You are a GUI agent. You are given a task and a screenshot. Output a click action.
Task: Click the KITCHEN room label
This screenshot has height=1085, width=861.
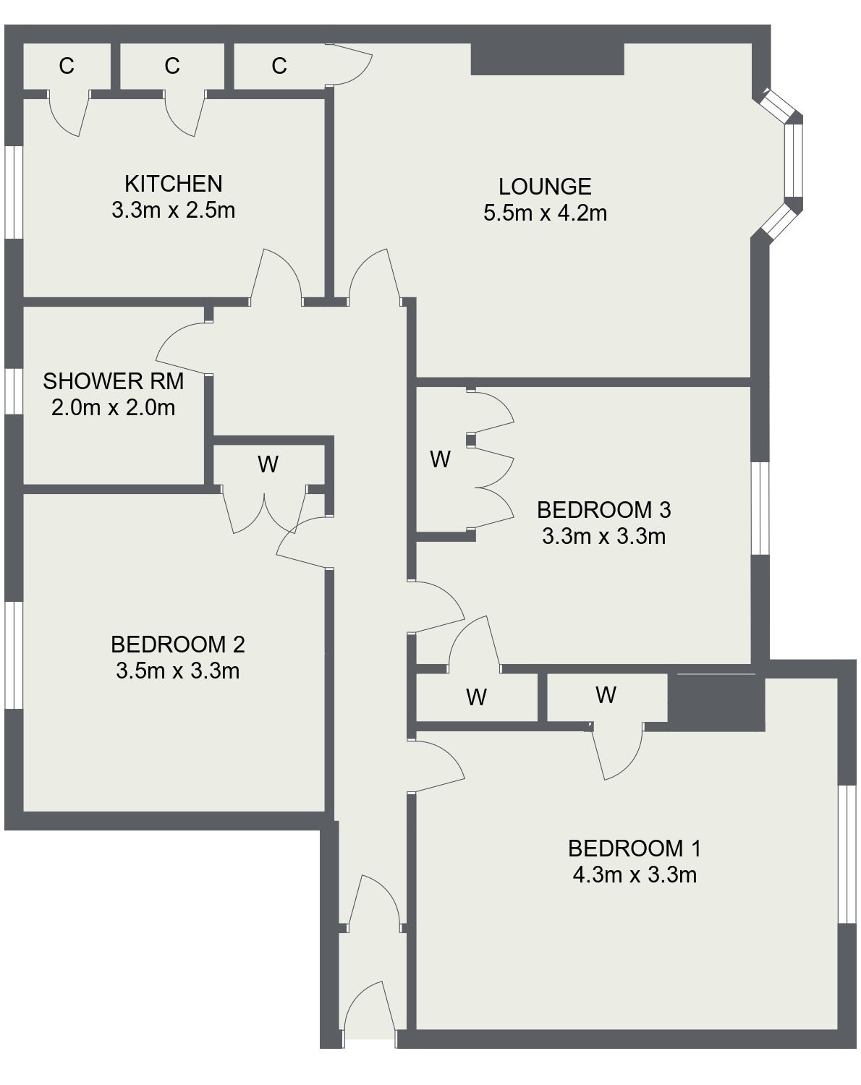[x=174, y=183]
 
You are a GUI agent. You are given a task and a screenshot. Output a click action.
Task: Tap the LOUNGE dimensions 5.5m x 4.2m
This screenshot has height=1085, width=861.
[x=545, y=213]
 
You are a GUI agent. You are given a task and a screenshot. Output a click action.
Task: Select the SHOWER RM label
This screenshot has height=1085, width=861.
[x=113, y=380]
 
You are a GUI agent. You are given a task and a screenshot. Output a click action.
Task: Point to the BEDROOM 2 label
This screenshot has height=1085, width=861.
[x=177, y=643]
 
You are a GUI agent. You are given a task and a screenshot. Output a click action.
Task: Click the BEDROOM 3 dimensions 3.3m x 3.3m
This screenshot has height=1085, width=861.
[x=603, y=537]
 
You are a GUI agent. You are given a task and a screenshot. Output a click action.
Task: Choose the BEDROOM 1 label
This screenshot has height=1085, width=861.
[x=634, y=847]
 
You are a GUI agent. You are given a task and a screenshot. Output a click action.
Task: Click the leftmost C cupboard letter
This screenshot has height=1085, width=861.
[x=67, y=66]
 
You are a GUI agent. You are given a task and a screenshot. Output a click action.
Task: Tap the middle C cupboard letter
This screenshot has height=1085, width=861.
[x=171, y=66]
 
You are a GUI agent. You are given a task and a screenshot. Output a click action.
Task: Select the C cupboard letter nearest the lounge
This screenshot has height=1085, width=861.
[x=279, y=66]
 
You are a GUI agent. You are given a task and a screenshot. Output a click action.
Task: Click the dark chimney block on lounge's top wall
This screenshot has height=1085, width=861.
[x=547, y=59]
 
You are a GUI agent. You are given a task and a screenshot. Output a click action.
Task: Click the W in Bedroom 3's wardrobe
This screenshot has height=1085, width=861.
[x=440, y=459]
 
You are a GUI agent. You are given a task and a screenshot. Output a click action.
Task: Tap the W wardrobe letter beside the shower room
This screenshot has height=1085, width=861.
[x=268, y=464]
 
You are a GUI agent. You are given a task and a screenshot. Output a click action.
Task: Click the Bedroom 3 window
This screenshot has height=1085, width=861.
[x=760, y=508]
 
